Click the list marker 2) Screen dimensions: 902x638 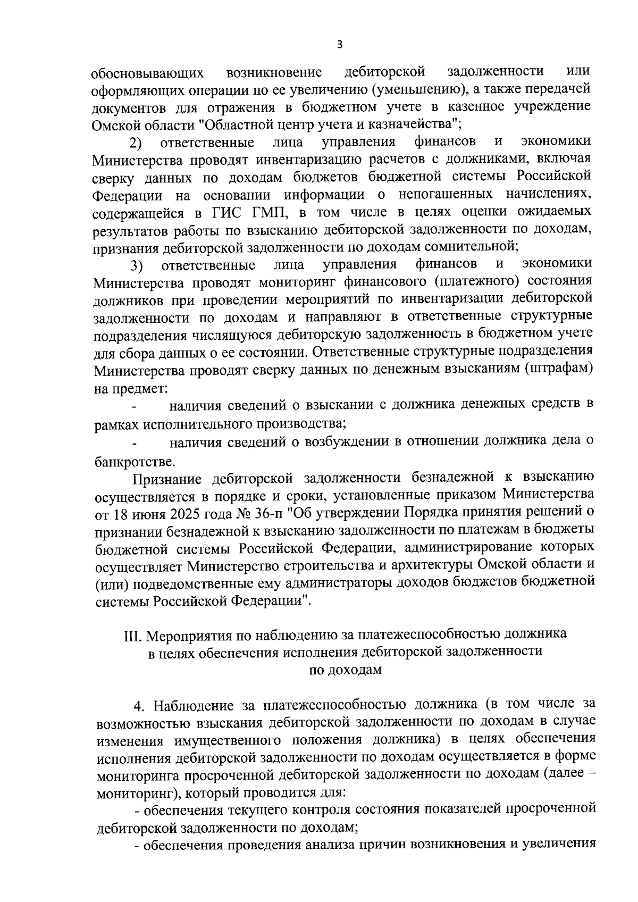136,143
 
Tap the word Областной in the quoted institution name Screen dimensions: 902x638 249,124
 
